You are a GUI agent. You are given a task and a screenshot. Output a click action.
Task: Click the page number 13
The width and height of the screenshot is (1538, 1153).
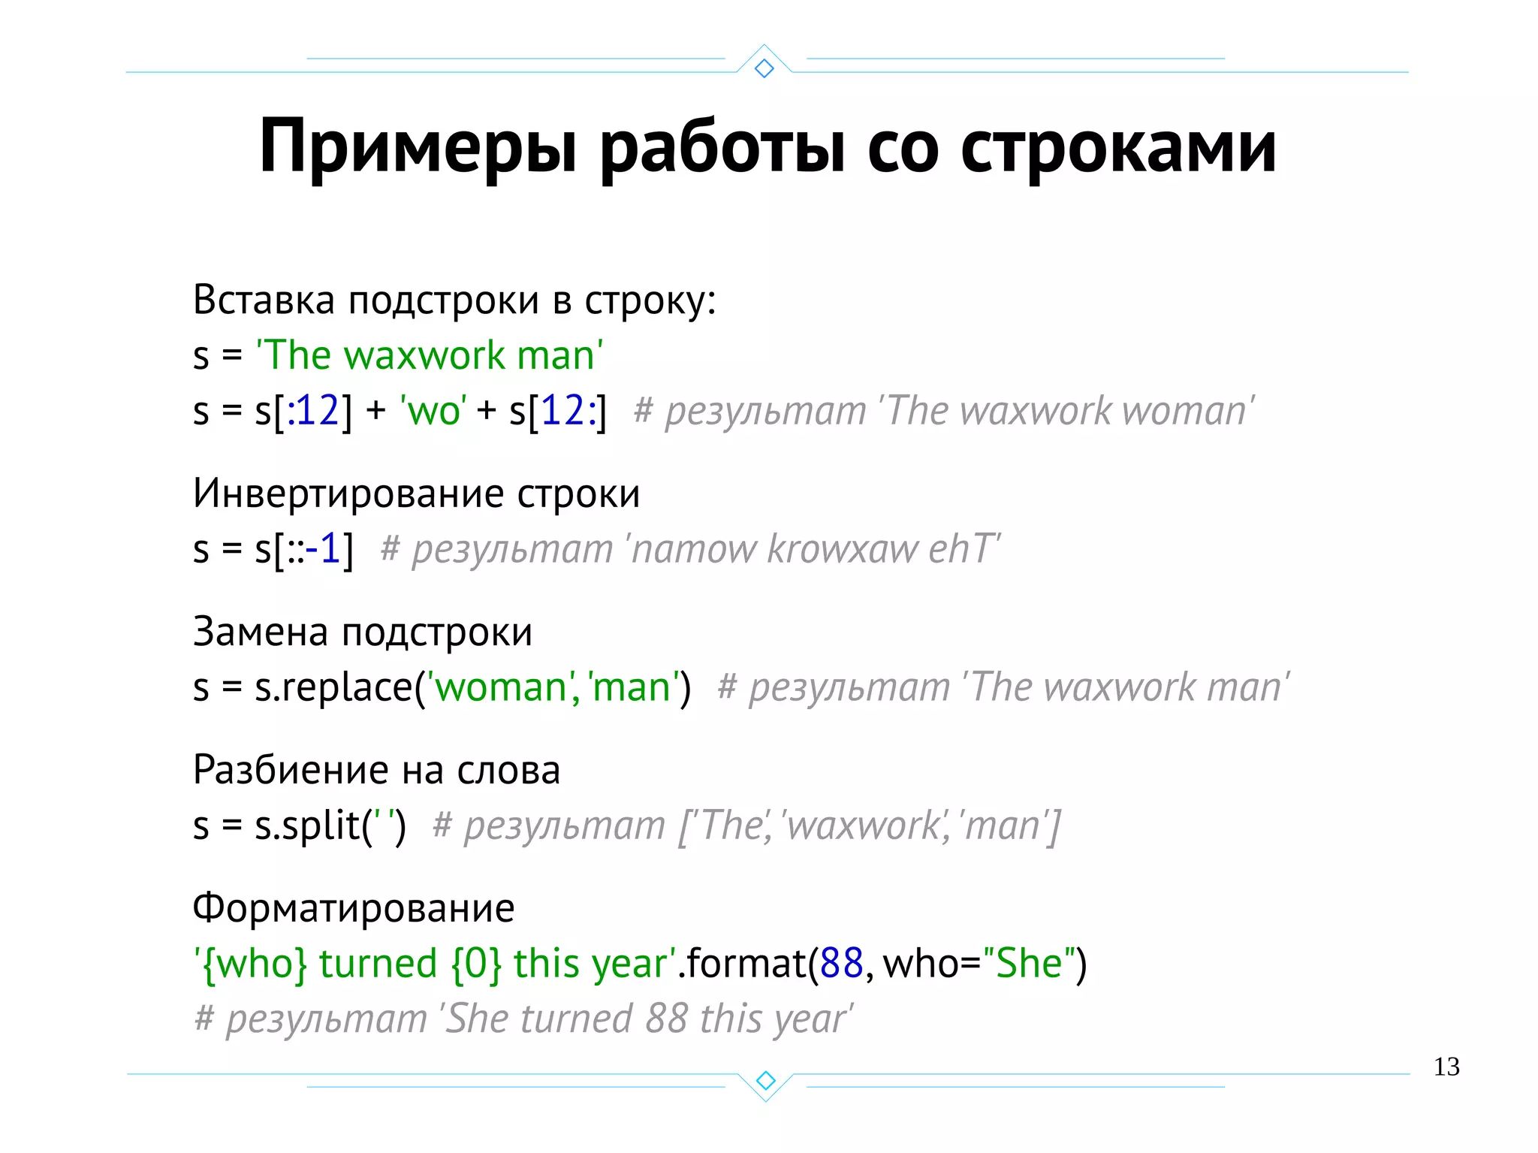(1446, 1067)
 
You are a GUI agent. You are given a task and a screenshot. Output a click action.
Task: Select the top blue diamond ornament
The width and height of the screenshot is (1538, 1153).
(764, 68)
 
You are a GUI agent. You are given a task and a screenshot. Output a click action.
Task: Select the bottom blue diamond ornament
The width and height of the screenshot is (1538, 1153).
(765, 1080)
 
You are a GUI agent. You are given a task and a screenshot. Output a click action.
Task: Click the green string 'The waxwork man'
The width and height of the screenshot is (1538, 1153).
(430, 355)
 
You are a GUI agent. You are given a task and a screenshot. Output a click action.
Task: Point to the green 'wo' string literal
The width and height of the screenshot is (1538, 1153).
(434, 411)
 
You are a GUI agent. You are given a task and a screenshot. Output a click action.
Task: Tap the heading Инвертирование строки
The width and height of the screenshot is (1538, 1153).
(416, 493)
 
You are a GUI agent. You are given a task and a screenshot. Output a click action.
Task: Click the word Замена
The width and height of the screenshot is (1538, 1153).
(261, 632)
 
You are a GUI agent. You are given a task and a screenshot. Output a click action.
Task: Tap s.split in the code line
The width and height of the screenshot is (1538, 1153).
(306, 826)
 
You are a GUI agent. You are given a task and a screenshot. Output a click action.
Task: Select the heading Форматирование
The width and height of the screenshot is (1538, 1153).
(354, 908)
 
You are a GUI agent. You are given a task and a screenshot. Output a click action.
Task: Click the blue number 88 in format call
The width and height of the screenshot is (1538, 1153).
(841, 964)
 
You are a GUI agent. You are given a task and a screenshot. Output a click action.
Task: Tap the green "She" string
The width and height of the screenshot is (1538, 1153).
(1028, 964)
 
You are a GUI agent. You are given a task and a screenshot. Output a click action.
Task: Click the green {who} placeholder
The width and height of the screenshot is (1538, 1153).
(252, 964)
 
